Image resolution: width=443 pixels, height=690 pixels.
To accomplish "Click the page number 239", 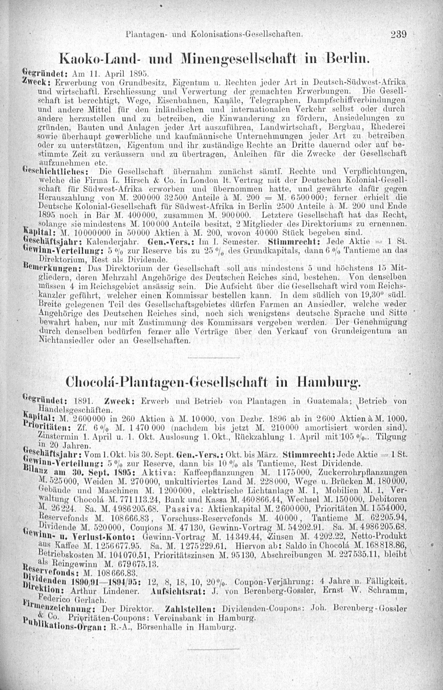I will click(398, 35).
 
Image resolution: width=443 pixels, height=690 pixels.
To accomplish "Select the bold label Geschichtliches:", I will click(57, 173).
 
